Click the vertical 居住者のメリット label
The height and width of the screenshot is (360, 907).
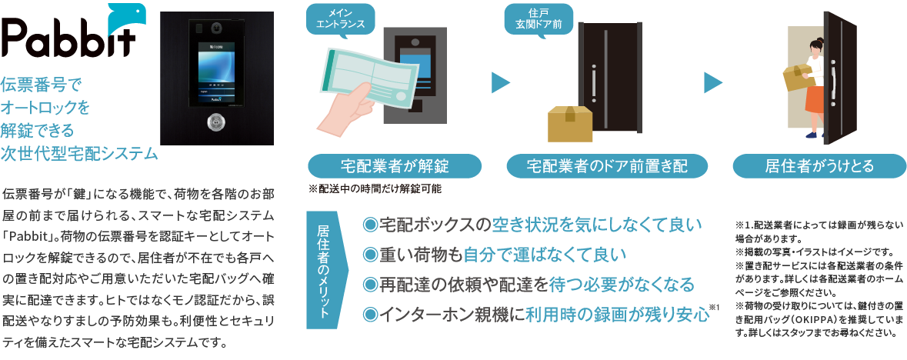pos(324,272)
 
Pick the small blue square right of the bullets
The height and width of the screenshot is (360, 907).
pos(731,310)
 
